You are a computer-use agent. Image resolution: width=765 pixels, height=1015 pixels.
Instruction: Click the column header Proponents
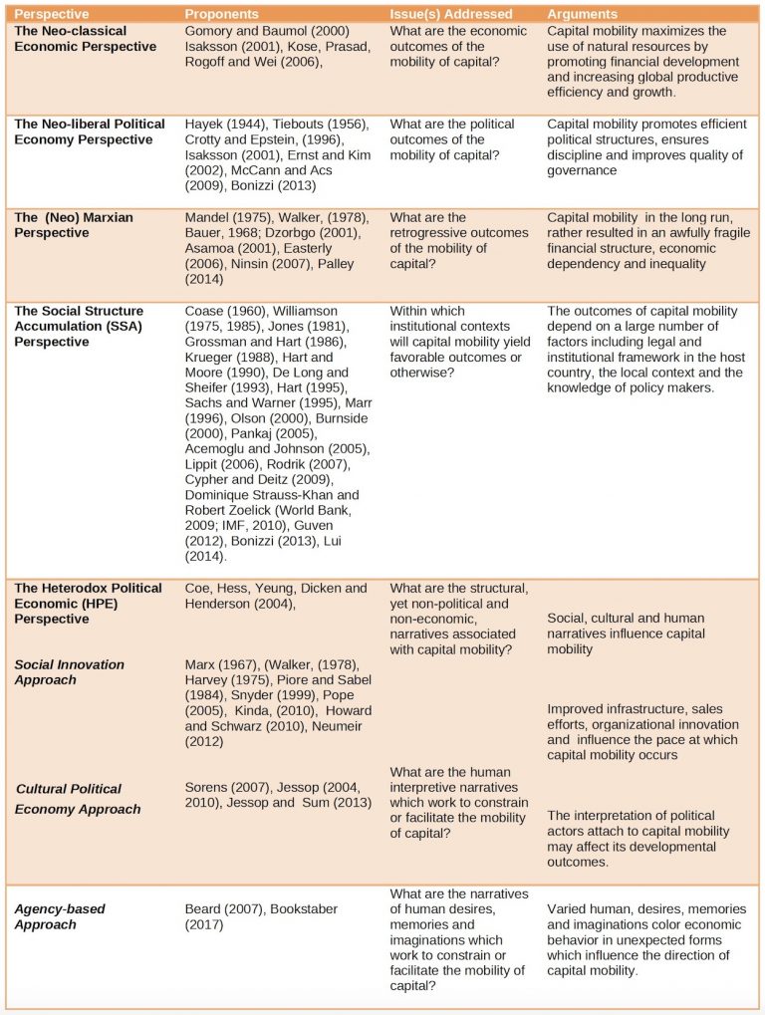[x=221, y=14]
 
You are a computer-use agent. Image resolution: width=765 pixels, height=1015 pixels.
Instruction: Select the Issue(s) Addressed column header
[x=450, y=14]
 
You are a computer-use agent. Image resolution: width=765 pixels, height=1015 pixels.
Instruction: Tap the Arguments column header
[x=583, y=14]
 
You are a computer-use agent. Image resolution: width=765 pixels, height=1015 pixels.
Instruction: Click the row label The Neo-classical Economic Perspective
[x=86, y=39]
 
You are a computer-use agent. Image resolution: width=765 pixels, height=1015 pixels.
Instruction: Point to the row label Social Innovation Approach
[x=70, y=671]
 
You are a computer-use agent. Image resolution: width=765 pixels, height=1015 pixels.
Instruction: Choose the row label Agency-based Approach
[x=60, y=916]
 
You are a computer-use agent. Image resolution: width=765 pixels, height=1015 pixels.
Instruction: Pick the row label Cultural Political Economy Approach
[x=78, y=799]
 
